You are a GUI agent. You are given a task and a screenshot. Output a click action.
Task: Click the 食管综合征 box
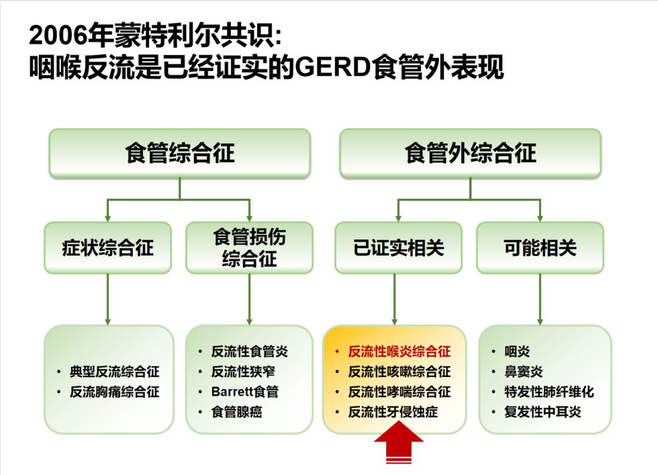coord(180,153)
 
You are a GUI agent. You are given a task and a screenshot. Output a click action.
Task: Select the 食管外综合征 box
coord(470,153)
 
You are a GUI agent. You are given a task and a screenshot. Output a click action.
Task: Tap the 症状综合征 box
coord(108,248)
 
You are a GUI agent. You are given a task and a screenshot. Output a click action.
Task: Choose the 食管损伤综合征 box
coord(249,248)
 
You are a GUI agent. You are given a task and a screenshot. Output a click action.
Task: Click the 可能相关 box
coord(540,248)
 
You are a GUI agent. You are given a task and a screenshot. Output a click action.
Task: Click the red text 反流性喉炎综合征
coord(399,352)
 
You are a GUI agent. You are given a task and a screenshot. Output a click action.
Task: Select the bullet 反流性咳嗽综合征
coord(399,372)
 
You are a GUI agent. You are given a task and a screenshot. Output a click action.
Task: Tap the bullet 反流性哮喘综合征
coord(399,392)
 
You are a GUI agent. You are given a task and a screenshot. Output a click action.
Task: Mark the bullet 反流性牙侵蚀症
coord(392,412)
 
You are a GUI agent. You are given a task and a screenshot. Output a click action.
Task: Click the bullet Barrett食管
coord(244,392)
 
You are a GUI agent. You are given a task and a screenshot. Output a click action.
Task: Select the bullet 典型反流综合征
coord(115,372)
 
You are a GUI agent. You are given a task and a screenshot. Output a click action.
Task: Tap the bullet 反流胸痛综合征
coord(115,392)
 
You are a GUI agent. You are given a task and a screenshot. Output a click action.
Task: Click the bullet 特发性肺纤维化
coord(548,392)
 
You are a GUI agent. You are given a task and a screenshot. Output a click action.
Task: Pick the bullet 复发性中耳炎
coord(542,412)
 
